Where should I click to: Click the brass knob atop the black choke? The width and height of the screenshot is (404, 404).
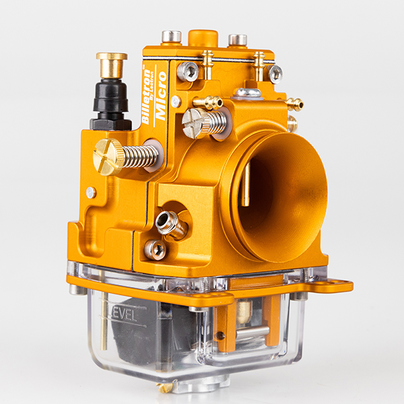111,64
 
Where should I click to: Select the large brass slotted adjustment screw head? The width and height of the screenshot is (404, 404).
108,156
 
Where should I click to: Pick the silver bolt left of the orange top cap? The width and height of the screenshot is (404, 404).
171,36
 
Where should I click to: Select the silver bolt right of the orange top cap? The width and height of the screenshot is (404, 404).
237,40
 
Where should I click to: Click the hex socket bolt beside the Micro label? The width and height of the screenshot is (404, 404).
188,71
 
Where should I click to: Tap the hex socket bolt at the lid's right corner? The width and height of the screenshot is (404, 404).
274,73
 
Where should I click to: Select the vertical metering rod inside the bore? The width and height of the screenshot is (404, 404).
246,182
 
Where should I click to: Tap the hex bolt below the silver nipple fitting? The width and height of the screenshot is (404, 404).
156,249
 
